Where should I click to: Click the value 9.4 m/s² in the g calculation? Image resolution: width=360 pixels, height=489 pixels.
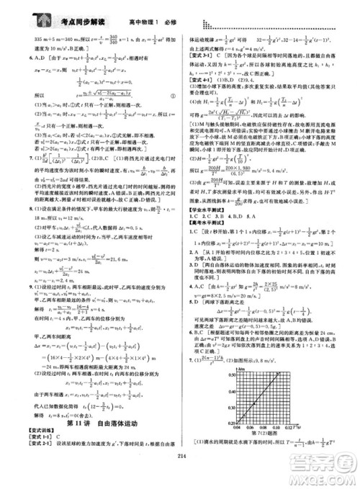point(307,153)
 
